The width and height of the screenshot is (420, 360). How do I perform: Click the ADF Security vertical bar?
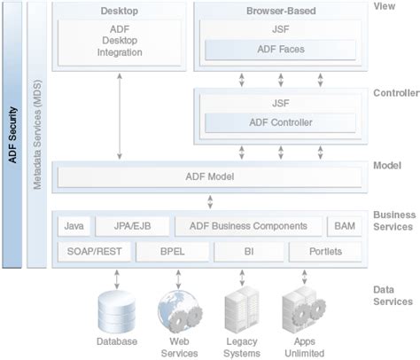(x=12, y=133)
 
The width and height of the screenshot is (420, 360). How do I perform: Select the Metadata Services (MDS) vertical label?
(x=37, y=133)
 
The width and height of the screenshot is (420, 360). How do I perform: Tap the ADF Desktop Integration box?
(x=120, y=42)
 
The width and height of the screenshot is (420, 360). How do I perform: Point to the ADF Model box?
(x=209, y=177)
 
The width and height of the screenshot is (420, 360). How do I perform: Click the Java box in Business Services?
(x=74, y=227)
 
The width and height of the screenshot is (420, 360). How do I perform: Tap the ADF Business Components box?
(x=248, y=227)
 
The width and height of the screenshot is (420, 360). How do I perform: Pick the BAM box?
(x=344, y=227)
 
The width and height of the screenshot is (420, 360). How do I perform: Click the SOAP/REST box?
(x=93, y=252)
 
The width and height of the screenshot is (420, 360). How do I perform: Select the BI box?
(x=250, y=252)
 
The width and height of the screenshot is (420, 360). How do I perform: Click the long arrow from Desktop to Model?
(x=120, y=115)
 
